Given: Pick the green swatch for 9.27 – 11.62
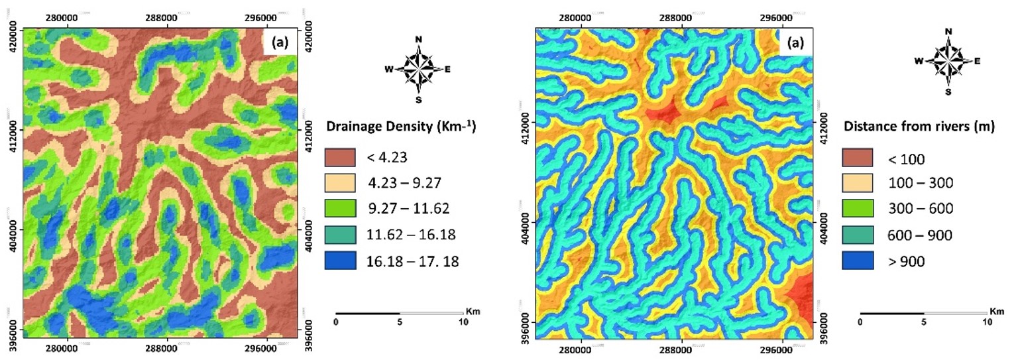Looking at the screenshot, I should pyautogui.click(x=340, y=209).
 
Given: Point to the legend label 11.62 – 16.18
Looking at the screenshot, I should pyautogui.click(x=410, y=235).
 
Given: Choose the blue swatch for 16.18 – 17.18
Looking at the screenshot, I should pyautogui.click(x=340, y=261).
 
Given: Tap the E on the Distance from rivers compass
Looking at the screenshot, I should pyautogui.click(x=978, y=60).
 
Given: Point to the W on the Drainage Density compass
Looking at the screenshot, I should pyautogui.click(x=389, y=69).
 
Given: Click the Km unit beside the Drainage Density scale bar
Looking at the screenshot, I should pyautogui.click(x=470, y=310).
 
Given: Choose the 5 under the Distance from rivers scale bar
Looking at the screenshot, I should pyautogui.click(x=923, y=322).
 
